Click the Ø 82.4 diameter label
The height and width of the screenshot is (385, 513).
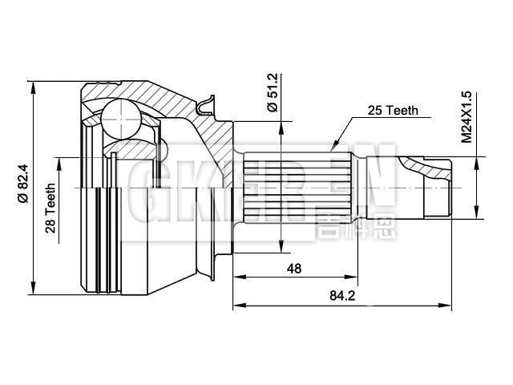22,187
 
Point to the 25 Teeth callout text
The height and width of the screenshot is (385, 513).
392,111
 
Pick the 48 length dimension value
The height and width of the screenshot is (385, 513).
293,269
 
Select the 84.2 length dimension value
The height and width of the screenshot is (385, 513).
342,296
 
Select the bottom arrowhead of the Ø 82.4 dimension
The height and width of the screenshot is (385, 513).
34,290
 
